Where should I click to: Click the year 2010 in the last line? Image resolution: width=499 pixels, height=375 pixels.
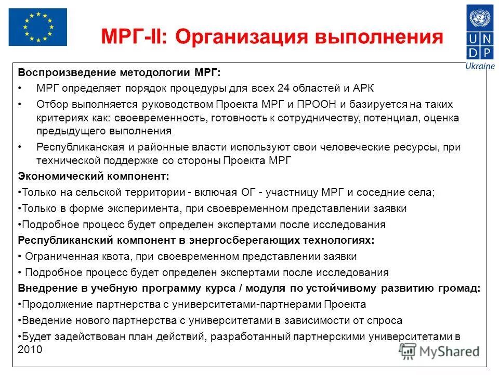click(x=30, y=350)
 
